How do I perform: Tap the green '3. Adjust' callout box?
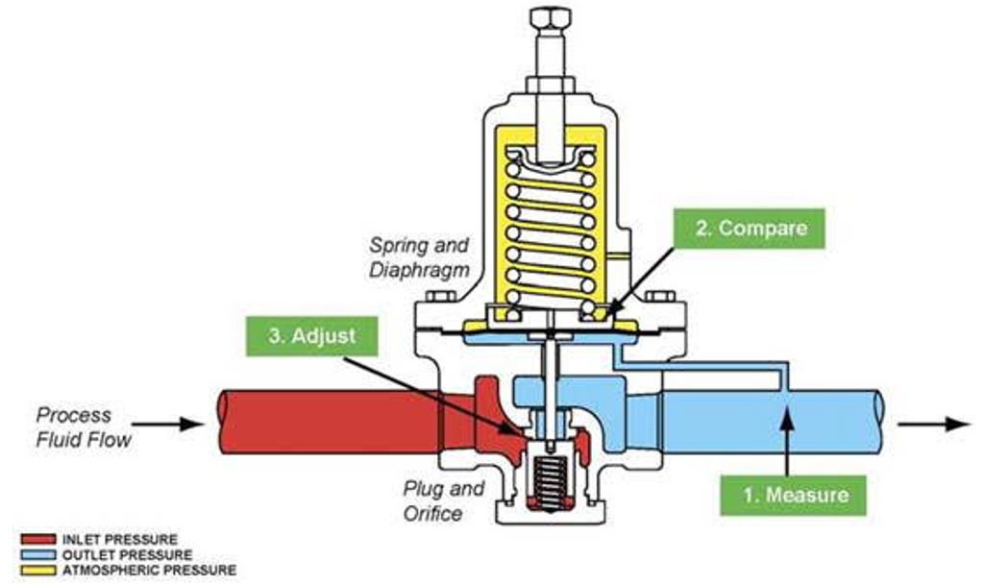click(x=312, y=337)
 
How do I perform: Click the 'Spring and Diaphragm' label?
click(x=419, y=257)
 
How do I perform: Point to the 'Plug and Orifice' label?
click(x=444, y=500)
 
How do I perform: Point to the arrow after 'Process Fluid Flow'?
click(x=167, y=424)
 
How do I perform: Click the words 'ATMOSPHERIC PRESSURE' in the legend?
click(x=149, y=571)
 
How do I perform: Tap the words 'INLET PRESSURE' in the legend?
click(x=120, y=540)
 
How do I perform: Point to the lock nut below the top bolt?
click(x=550, y=85)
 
